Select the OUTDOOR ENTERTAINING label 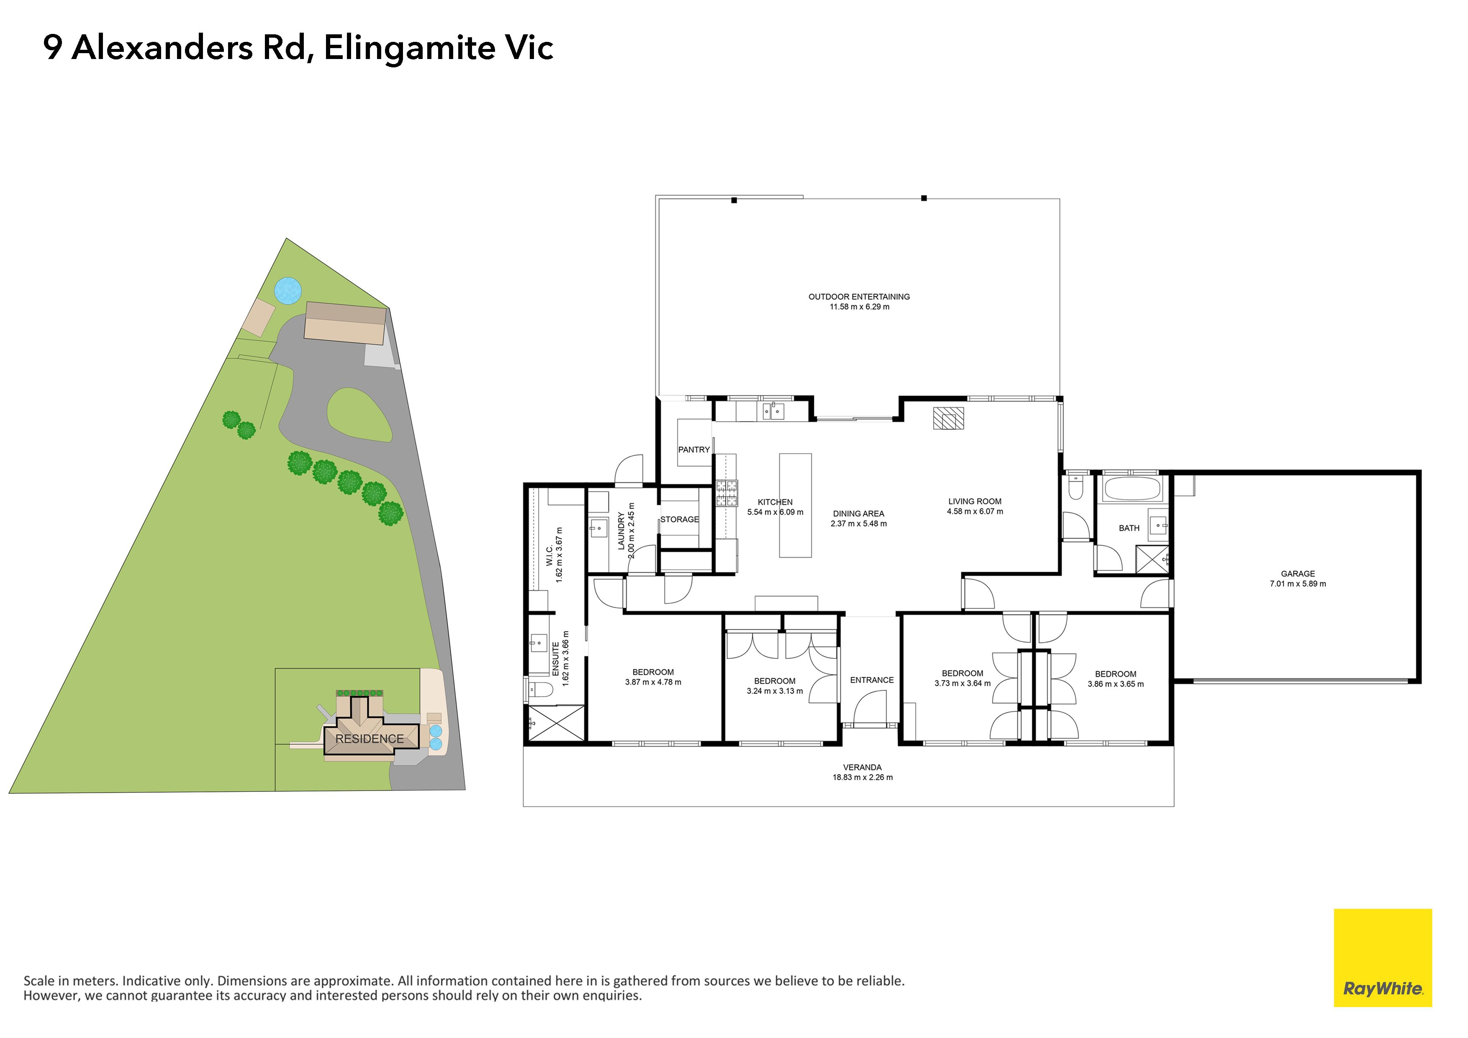tap(859, 297)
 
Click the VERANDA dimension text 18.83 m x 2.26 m tap(862, 777)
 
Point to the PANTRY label tap(694, 450)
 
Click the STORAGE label tap(680, 519)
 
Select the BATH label tap(1129, 528)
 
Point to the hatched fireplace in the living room tap(948, 418)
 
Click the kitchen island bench tap(796, 505)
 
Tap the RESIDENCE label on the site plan tap(370, 739)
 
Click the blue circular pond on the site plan tap(288, 291)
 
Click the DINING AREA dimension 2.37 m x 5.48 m tap(859, 524)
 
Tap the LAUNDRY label tap(621, 531)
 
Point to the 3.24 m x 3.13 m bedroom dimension tap(775, 691)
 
